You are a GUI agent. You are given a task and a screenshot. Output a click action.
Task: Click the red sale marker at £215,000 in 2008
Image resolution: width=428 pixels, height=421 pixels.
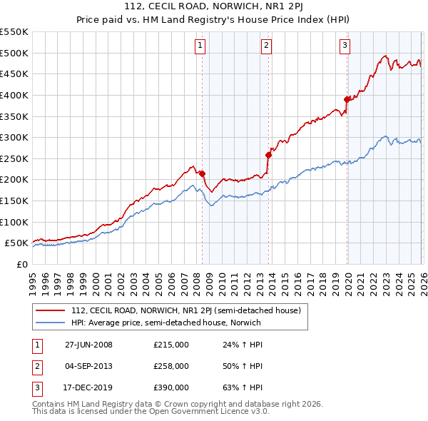tap(202, 173)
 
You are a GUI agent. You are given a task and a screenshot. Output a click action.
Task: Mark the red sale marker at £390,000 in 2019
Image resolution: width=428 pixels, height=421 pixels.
tap(347, 99)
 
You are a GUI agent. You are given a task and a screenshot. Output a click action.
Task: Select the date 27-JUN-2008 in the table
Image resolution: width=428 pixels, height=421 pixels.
tap(88, 345)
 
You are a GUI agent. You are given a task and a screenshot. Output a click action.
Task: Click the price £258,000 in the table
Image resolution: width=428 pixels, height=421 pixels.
tap(171, 366)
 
